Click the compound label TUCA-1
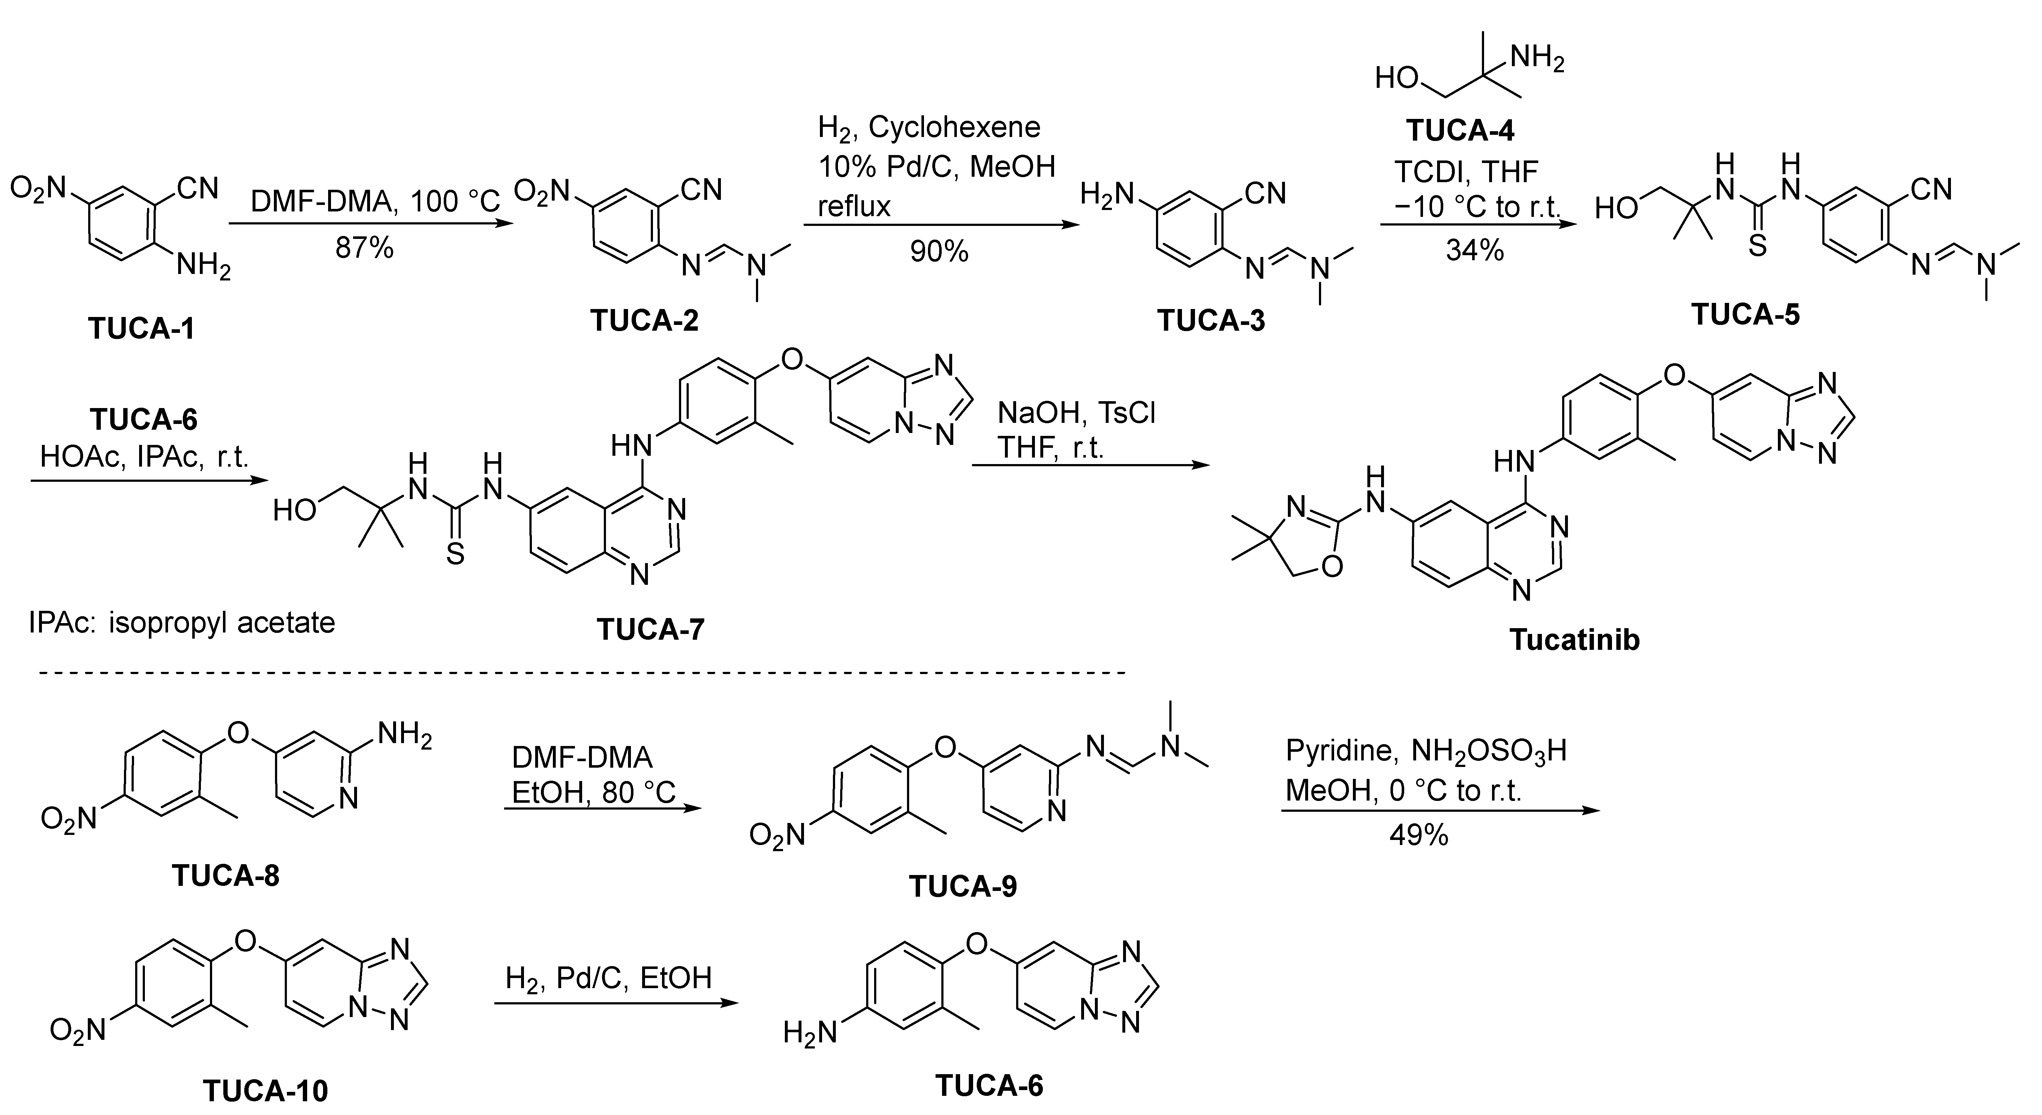141,327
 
